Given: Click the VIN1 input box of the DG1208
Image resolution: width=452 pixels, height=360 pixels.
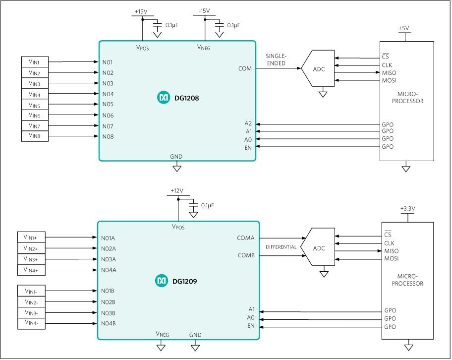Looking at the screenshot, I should pyautogui.click(x=35, y=62).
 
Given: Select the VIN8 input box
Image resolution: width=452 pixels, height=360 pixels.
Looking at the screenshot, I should pyautogui.click(x=35, y=136).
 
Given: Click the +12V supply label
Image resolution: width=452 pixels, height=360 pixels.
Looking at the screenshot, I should pyautogui.click(x=177, y=190).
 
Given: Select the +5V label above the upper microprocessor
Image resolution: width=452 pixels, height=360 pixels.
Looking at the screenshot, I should pyautogui.click(x=404, y=28).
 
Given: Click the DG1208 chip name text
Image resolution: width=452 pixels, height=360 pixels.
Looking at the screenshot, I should pyautogui.click(x=187, y=98).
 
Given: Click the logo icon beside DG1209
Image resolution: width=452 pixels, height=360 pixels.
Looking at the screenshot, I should pyautogui.click(x=162, y=281).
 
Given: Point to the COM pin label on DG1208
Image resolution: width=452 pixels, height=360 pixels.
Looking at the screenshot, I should pyautogui.click(x=245, y=68).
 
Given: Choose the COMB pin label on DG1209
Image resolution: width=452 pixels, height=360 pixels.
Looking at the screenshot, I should pyautogui.click(x=246, y=256).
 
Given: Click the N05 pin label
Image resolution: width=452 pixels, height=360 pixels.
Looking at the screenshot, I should pyautogui.click(x=108, y=104).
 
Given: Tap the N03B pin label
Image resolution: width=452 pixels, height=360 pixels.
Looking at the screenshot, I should pyautogui.click(x=109, y=313).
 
